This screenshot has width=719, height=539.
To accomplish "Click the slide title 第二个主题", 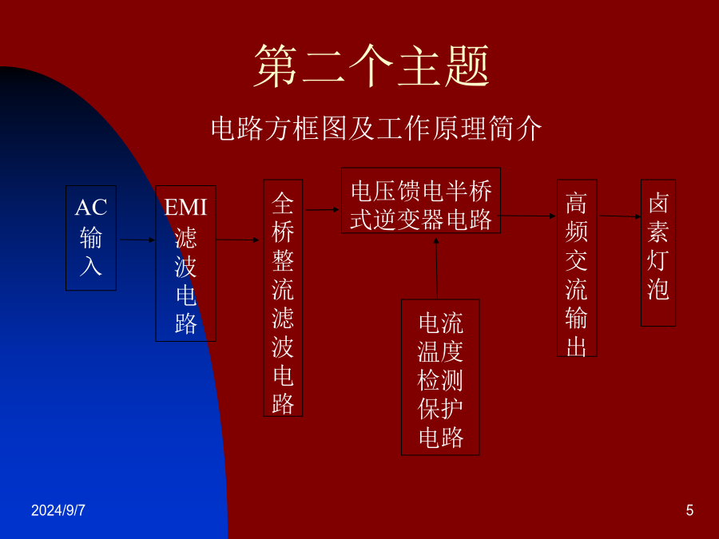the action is coord(371,65).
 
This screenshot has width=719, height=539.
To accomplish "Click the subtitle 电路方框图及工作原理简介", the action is coord(376,128).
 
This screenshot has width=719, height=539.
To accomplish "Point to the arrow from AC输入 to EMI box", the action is coord(137,240).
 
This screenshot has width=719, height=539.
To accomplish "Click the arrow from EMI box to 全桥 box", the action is coord(237,240).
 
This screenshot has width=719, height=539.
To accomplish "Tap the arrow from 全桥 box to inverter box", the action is coord(323,210).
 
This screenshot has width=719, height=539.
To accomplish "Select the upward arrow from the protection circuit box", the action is coord(436,268).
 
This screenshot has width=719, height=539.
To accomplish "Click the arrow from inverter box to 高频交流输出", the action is coord(527,216).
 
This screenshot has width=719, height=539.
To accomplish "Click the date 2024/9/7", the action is coord(58,510).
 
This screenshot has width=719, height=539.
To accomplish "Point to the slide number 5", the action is coord(689,510).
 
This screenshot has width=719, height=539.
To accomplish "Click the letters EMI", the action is coord(185,207).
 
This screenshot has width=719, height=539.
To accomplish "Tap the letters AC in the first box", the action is coord(91,207).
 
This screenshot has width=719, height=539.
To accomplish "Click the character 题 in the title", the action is coord(467,65).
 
